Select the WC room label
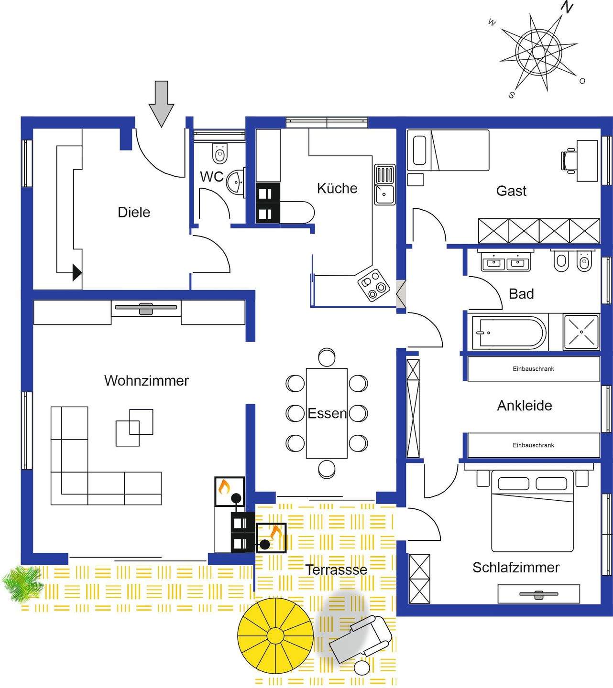click(211, 177)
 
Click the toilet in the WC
click(219, 154)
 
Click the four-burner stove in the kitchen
click(373, 285)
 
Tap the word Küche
click(337, 188)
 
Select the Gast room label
click(511, 191)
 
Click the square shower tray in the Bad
click(581, 331)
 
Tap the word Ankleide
click(525, 406)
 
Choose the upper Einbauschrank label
click(533, 369)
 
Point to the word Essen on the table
click(327, 413)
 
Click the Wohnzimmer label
click(146, 381)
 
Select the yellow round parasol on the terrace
click(275, 635)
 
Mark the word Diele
click(134, 213)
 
